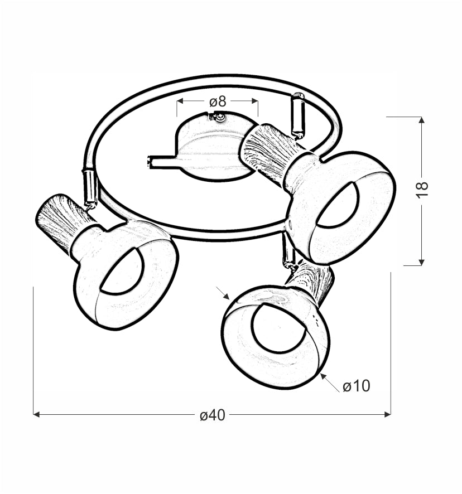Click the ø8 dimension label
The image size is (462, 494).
tap(218, 101)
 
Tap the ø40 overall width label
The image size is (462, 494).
tap(213, 415)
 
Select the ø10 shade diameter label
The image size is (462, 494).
tap(357, 386)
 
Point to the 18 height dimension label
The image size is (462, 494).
tap(422, 190)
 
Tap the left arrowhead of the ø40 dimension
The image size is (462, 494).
tap(36, 415)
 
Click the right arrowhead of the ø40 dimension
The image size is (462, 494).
tap(388, 415)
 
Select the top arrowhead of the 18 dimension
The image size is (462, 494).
tap(422, 120)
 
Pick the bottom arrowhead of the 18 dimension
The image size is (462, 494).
tap(422, 262)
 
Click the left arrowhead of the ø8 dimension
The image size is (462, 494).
tap(180, 101)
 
